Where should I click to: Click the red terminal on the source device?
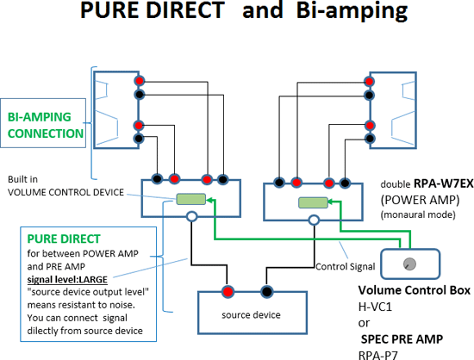[228, 292]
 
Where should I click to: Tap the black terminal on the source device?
[266, 292]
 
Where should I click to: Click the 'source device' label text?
[251, 315]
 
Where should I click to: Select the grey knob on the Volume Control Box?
[409, 264]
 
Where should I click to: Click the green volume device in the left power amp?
[191, 199]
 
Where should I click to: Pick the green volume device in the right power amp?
[313, 202]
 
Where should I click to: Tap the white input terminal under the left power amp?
[191, 216]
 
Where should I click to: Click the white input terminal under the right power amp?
[314, 220]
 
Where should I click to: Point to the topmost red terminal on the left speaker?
[139, 81]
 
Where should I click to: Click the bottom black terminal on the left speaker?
[139, 139]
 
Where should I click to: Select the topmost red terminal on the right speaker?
[369, 81]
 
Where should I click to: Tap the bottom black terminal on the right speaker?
[370, 139]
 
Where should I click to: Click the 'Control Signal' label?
[346, 267]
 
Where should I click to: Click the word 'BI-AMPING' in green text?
[40, 117]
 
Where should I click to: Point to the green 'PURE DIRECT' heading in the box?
[64, 239]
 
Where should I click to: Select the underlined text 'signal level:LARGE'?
[67, 280]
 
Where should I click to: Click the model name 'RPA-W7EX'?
[443, 183]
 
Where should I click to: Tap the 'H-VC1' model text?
[375, 307]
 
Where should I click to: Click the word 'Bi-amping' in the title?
[352, 11]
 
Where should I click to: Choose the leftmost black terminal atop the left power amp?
[157, 179]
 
